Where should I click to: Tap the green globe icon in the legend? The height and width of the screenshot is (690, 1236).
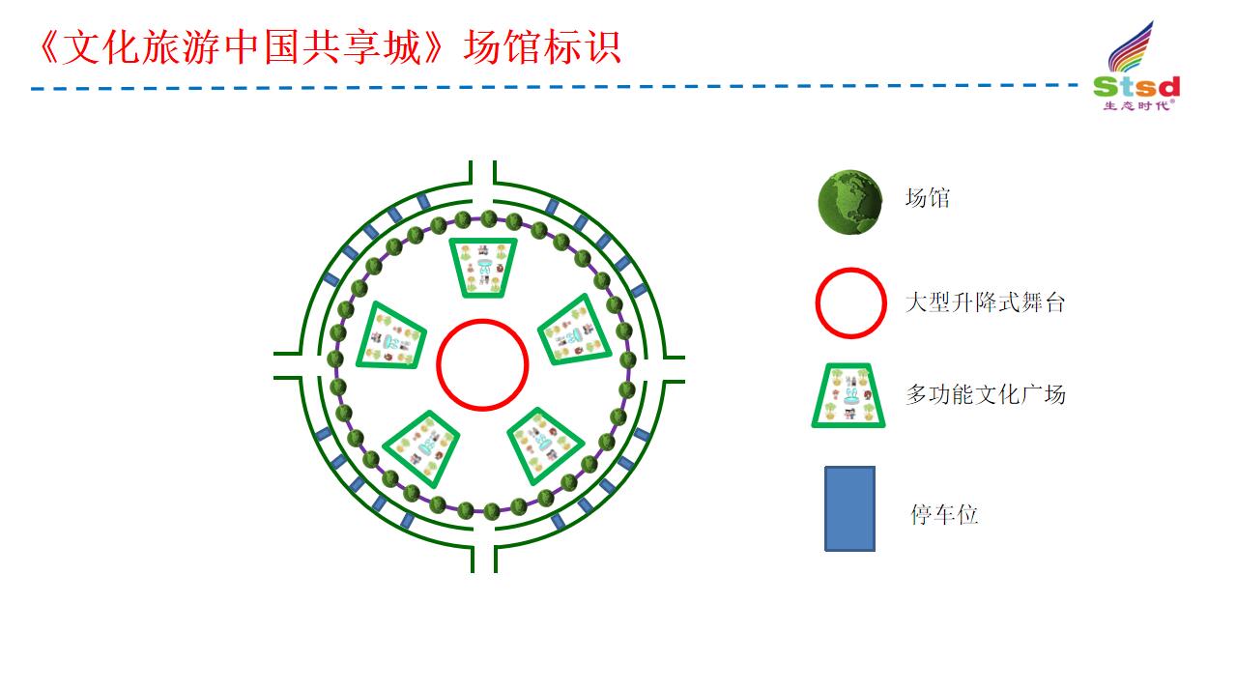point(849,202)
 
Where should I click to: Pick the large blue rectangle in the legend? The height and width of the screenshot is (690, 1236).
point(849,508)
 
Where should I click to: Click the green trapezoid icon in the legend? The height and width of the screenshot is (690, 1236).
point(848,395)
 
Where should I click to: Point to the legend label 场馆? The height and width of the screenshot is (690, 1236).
point(927,197)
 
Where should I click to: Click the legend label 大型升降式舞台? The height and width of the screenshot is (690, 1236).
point(985,302)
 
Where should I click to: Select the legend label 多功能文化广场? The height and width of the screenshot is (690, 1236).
point(986,394)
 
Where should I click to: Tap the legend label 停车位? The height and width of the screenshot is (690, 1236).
point(944,514)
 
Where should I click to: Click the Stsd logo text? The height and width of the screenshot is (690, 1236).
point(1136,87)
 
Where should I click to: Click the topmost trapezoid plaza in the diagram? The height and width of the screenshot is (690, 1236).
point(483,268)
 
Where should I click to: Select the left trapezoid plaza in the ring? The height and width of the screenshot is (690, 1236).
point(391,336)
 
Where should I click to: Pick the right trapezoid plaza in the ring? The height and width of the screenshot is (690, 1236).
point(575,330)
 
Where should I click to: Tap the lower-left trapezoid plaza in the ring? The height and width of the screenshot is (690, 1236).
point(421,448)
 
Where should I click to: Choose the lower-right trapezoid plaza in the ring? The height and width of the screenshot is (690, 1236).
point(545,446)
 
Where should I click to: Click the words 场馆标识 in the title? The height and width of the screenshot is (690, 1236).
point(542,47)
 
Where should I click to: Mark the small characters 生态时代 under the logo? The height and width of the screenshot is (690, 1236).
point(1136,105)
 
